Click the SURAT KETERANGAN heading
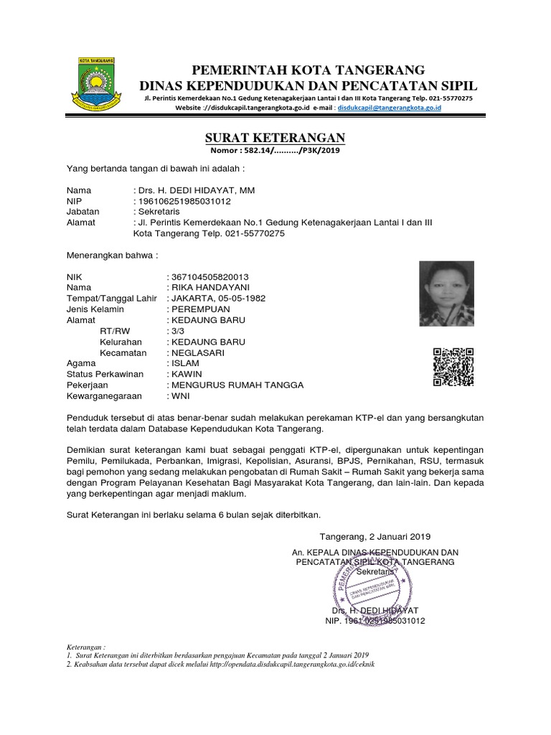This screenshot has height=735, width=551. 275,138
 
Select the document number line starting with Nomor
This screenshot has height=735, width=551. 275,150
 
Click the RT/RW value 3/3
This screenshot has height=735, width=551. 174,332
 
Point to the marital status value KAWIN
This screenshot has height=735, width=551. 185,374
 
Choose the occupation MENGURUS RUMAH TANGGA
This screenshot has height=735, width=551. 235,385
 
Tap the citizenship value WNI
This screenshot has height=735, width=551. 179,395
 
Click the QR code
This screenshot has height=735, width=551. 453,367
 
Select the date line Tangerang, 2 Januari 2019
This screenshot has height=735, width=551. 375,536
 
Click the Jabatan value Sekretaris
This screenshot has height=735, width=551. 159,212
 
